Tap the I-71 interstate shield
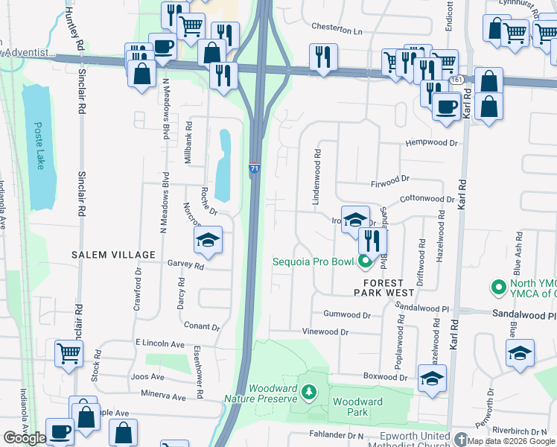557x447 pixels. pyautogui.click(x=255, y=170)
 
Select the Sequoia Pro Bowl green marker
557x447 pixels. pyautogui.click(x=365, y=261)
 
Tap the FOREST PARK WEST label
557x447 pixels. pyautogui.click(x=383, y=288)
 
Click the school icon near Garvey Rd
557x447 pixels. pyautogui.click(x=208, y=240)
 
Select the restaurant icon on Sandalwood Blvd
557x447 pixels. pyautogui.click(x=372, y=241)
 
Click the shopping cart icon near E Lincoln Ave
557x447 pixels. pyautogui.click(x=69, y=353)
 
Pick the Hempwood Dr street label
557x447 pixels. pyautogui.click(x=430, y=143)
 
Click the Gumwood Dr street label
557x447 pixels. pyautogui.click(x=347, y=315)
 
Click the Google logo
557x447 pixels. pyautogui.click(x=25, y=438)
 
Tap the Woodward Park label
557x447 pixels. pyautogui.click(x=357, y=407)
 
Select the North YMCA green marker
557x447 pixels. pyautogui.click(x=497, y=287)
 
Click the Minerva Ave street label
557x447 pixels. pyautogui.click(x=159, y=397)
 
